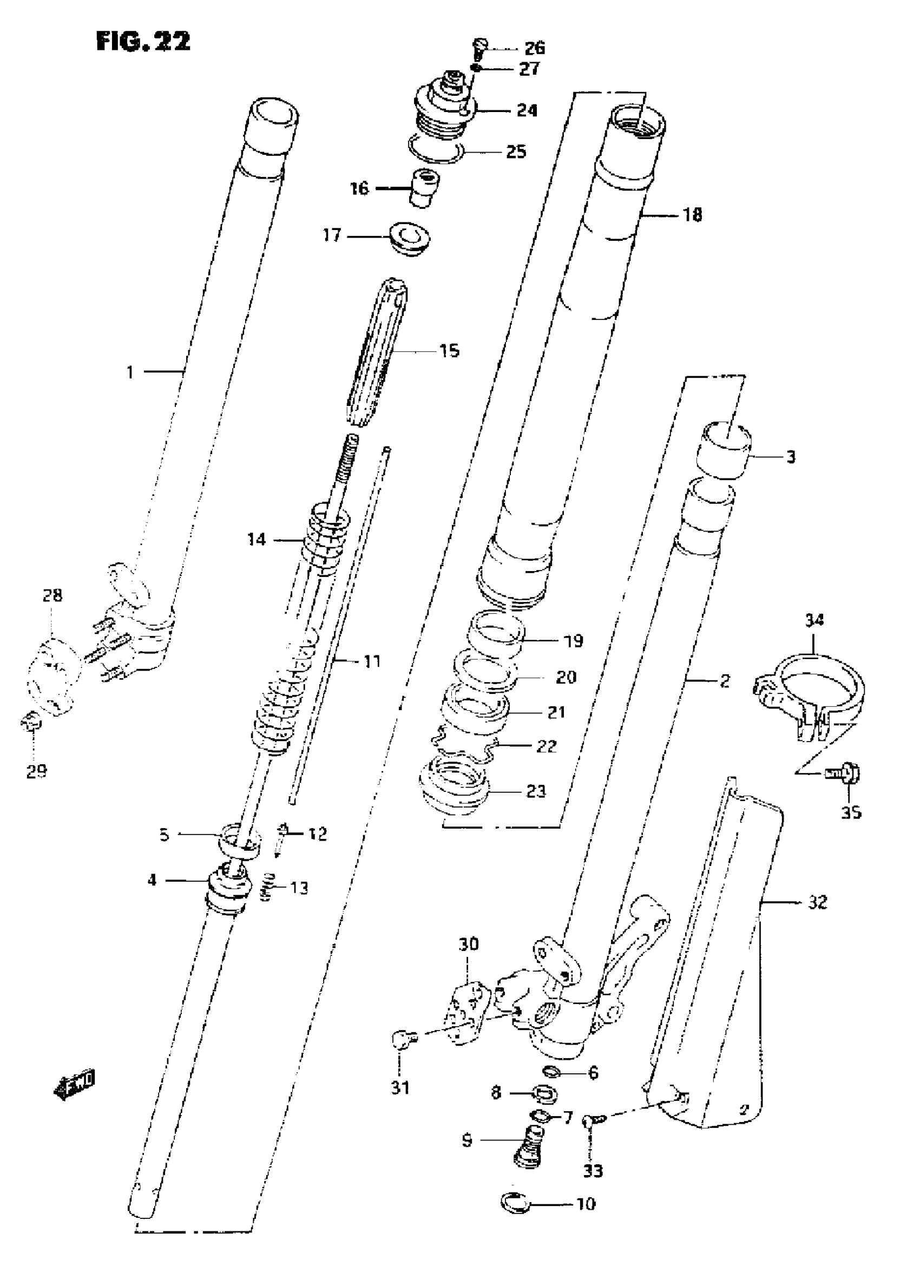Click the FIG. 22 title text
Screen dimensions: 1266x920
tap(143, 41)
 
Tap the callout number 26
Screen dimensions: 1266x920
tap(534, 48)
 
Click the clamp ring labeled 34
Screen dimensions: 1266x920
tap(810, 692)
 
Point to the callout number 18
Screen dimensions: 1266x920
tap(692, 214)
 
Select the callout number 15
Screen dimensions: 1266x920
tap(449, 351)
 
